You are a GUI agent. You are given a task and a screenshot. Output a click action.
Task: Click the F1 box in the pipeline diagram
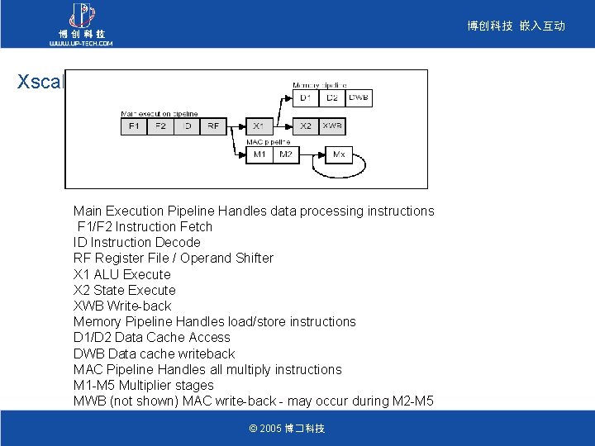[132, 126]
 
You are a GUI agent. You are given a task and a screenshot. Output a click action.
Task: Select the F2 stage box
[160, 126]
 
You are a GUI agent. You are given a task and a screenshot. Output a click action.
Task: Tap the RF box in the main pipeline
[213, 126]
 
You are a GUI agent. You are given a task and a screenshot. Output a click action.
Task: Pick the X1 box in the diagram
[259, 126]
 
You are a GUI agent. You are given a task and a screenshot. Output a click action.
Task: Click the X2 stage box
[307, 126]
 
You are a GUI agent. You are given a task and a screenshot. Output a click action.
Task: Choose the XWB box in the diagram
[333, 126]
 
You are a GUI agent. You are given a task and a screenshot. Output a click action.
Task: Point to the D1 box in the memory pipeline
[306, 98]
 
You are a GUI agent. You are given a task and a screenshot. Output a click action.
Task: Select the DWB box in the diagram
[359, 98]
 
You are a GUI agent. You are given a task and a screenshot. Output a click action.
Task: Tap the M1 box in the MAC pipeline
[259, 154]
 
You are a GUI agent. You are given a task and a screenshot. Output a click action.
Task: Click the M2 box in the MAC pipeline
[285, 154]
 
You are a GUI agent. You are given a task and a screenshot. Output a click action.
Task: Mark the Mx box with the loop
[339, 154]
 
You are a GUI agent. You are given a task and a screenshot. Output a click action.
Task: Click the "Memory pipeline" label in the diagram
[320, 85]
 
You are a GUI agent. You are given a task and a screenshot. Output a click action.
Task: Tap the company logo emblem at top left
[81, 15]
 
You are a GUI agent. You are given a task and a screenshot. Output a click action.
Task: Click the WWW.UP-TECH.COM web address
[81, 43]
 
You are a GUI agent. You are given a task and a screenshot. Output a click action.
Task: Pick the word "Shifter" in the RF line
[251, 258]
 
